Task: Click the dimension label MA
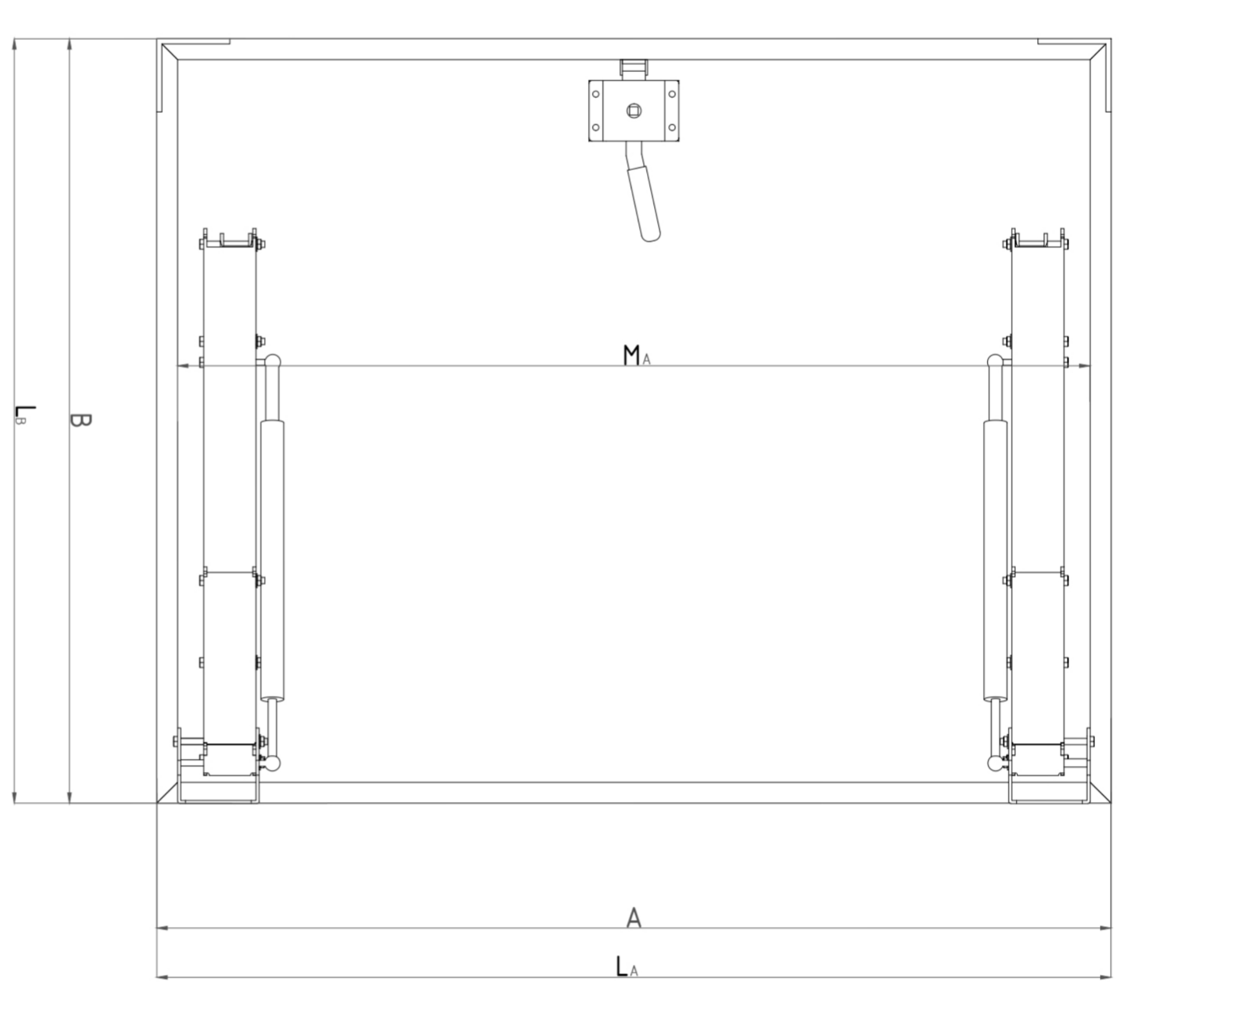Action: (x=636, y=355)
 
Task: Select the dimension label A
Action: (x=634, y=917)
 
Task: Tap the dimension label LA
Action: (x=627, y=966)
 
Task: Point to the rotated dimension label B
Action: (x=80, y=420)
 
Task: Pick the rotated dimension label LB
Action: (x=24, y=415)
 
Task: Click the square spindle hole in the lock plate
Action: (x=634, y=110)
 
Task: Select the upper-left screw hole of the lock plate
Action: (x=595, y=94)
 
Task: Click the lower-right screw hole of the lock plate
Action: (x=672, y=127)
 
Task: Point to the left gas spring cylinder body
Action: (x=272, y=559)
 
